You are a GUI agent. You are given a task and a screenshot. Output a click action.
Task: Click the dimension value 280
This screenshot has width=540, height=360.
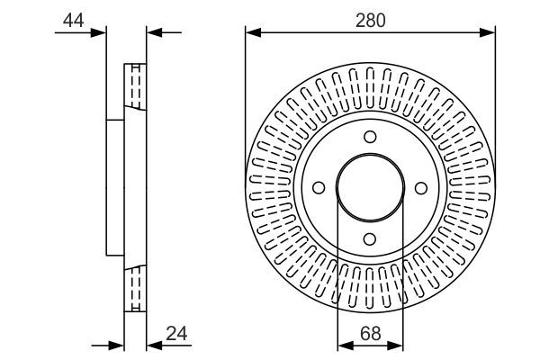370,20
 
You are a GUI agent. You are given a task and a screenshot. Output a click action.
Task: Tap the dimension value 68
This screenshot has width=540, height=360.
370,332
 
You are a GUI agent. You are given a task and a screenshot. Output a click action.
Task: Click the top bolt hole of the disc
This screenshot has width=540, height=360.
370,136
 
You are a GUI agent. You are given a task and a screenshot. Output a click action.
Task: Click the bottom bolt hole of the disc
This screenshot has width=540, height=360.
370,239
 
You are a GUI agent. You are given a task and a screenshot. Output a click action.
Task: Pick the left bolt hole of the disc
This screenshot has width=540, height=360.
318,187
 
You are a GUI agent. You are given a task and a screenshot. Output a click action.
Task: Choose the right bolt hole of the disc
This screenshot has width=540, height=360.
421,187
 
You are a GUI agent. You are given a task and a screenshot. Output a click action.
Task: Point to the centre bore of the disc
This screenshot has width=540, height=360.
370,187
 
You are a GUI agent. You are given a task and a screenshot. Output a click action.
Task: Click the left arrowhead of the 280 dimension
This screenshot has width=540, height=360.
251,33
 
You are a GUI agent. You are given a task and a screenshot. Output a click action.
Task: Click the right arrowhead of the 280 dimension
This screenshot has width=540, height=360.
490,33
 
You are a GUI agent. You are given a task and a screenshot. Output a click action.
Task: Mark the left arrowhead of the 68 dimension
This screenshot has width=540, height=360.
342,345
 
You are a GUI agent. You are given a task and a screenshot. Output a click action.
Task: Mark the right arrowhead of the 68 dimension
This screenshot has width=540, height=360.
398,345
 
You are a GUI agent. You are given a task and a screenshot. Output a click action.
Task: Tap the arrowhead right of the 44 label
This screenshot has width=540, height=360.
101,33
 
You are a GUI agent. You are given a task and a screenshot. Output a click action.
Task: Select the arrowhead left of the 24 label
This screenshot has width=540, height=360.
152,345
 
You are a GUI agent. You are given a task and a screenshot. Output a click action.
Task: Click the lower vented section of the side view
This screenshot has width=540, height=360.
135,288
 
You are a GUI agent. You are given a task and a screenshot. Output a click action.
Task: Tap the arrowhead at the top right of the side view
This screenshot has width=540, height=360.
152,33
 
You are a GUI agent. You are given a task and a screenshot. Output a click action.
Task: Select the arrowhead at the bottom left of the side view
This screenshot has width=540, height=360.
117,345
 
